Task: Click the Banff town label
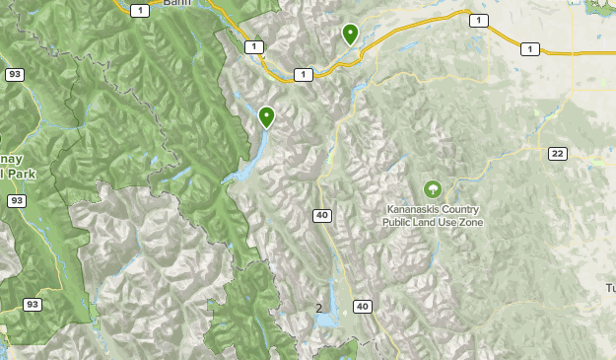177,3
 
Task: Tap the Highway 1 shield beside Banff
142,11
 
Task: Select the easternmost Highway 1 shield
530,49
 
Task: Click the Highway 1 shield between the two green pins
303,74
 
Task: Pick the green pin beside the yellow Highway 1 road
350,36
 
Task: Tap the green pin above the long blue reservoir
266,117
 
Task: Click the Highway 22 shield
558,153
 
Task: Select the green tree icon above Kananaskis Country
432,188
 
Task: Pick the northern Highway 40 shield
322,215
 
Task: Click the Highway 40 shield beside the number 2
363,307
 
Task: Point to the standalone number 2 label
318,309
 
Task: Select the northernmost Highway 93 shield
15,75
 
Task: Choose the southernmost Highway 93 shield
33,305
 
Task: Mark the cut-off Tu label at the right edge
609,288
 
